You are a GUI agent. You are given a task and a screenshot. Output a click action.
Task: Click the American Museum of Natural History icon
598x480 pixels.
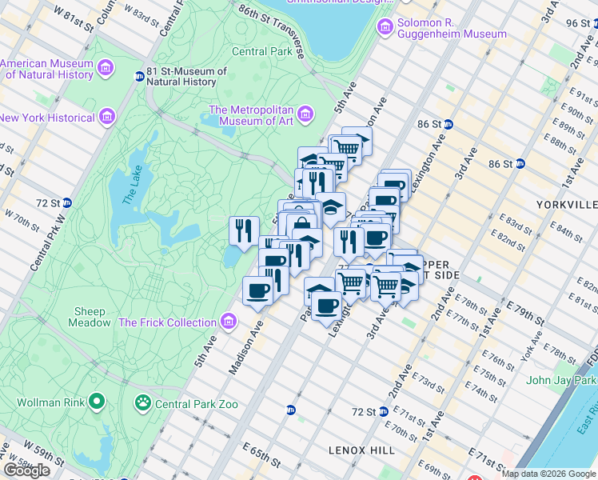[x=106, y=69]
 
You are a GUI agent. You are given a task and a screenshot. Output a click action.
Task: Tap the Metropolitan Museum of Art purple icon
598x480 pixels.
[x=305, y=116]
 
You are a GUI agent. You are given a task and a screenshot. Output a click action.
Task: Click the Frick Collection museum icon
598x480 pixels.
[x=229, y=322]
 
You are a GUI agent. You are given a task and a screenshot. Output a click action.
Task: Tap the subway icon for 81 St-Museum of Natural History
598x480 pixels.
[x=139, y=77]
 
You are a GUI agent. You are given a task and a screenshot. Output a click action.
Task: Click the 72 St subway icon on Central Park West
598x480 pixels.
[x=67, y=203]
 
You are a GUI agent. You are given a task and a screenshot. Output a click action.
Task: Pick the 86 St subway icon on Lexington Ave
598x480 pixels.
[x=448, y=124]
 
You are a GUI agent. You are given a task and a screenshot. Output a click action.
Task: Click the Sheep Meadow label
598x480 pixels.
[x=90, y=317]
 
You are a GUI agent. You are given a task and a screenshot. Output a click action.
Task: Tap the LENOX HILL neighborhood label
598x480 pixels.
[x=361, y=450]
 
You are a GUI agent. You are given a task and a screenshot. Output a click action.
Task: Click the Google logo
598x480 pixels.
[x=26, y=470]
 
